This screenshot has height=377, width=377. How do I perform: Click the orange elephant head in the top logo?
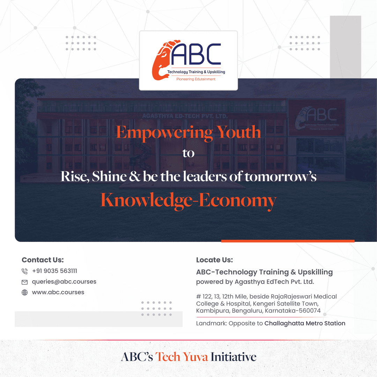click(x=162, y=60)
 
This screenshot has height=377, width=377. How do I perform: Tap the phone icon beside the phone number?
click(x=24, y=271)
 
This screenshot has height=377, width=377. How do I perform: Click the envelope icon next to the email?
click(x=24, y=282)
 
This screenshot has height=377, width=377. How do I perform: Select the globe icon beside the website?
click(x=24, y=293)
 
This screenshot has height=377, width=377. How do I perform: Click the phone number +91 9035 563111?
click(x=54, y=271)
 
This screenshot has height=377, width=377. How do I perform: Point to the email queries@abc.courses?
click(x=64, y=282)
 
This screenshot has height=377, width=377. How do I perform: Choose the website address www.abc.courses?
click(x=58, y=293)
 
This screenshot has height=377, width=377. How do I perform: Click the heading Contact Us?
click(x=43, y=260)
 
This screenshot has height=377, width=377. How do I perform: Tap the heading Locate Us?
click(x=214, y=260)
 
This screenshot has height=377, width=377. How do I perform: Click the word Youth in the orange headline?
click(x=238, y=133)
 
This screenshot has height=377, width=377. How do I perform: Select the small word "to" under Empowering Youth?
click(x=188, y=153)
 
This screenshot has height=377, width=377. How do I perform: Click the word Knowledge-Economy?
click(x=188, y=201)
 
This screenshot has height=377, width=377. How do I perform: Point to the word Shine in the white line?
click(x=109, y=176)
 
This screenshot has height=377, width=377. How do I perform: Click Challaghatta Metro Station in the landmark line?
click(x=305, y=323)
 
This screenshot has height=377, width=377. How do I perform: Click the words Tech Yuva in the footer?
click(x=182, y=357)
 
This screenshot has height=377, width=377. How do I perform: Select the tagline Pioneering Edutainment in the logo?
click(x=196, y=79)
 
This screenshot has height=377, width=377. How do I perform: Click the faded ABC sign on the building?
click(x=317, y=118)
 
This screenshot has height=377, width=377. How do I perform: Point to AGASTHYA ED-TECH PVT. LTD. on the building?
click(x=185, y=116)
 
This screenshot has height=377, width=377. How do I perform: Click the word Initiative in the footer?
click(x=234, y=357)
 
